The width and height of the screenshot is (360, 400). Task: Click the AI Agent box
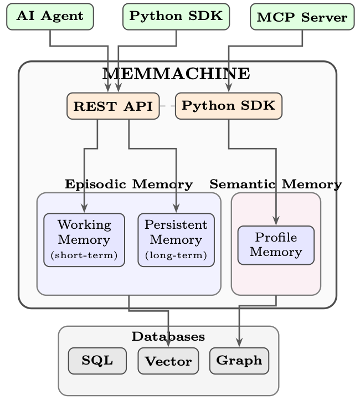[x=50, y=17]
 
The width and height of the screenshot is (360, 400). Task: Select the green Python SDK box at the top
[x=176, y=17]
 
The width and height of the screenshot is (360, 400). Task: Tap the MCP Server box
[x=302, y=17]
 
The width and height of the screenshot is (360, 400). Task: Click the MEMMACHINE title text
[x=176, y=74]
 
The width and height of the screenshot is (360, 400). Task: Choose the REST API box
[x=113, y=106]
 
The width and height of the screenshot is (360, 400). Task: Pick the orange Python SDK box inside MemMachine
[x=229, y=106]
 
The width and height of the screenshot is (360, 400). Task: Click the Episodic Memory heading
[x=128, y=184]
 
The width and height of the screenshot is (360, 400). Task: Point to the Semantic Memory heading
[x=276, y=184]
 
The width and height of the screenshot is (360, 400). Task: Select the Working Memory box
[x=84, y=240]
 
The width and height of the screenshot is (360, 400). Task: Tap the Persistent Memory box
[x=176, y=240]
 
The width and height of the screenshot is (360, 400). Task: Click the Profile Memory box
[x=276, y=245]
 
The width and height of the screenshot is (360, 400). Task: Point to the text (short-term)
[x=84, y=255]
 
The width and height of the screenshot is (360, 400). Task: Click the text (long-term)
[x=176, y=255]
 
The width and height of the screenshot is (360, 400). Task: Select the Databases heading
[x=168, y=336]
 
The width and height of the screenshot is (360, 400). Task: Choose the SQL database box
[x=97, y=361]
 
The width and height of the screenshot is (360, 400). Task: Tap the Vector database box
[x=168, y=361]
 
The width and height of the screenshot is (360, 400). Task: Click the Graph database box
[x=239, y=361]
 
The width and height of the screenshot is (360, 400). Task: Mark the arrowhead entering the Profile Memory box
[x=276, y=220]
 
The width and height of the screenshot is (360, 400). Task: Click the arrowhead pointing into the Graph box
[x=239, y=342]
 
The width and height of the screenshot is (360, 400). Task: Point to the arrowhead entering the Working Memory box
[x=84, y=208]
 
